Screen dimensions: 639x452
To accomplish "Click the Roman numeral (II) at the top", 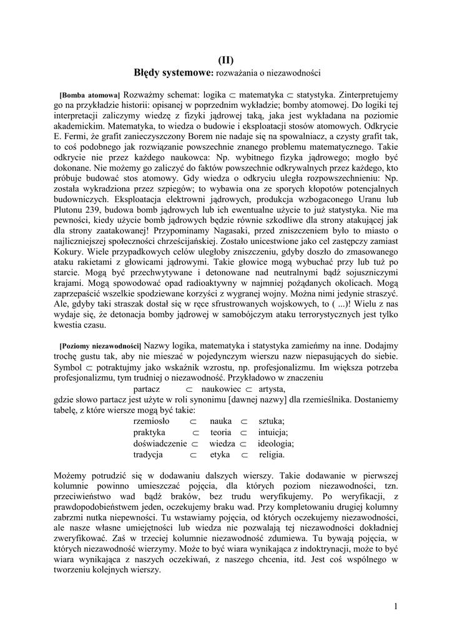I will [x=225, y=61].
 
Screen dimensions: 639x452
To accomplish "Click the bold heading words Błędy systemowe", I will [x=174, y=73].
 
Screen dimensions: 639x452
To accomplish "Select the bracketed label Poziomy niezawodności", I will [x=101, y=346].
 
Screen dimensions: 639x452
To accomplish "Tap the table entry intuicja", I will [x=272, y=432].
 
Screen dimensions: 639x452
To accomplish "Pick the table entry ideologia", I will [x=275, y=443].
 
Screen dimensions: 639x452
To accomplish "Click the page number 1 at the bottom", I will [x=396, y=606].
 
